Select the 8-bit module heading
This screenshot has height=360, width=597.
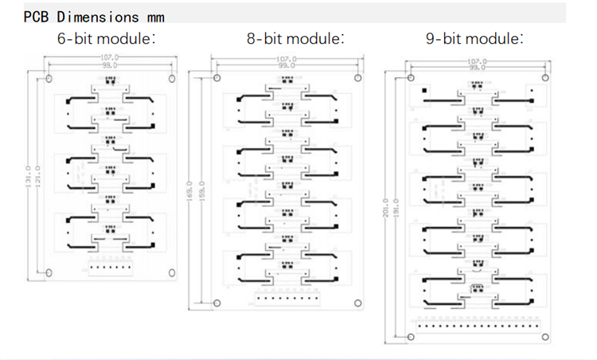click(295, 37)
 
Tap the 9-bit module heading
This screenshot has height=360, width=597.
click(474, 37)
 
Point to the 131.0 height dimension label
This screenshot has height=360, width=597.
click(29, 172)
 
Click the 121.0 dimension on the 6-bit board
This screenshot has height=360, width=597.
click(38, 172)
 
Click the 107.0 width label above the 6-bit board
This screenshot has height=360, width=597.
click(109, 57)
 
